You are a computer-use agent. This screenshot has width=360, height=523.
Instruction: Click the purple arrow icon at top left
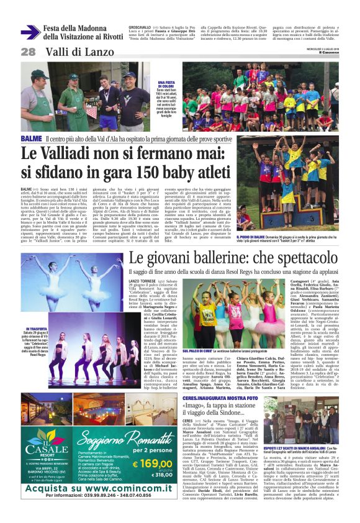pos(30,32)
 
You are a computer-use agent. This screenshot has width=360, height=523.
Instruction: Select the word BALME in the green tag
pos(32,139)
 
